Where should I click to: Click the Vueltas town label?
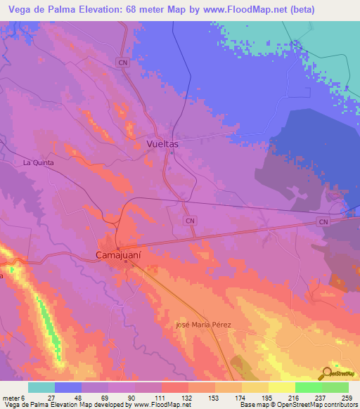click(x=162, y=143)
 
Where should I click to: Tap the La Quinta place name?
click(x=39, y=162)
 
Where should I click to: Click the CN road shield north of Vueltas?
click(x=124, y=63)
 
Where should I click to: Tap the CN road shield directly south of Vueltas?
click(x=190, y=220)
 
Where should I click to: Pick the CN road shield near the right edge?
click(x=323, y=222)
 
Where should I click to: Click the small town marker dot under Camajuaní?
click(x=117, y=264)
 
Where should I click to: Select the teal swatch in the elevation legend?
click(x=41, y=387)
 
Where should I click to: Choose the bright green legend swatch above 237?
click(x=308, y=387)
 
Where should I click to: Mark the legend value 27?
click(x=51, y=397)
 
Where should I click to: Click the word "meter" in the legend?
click(x=11, y=397)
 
